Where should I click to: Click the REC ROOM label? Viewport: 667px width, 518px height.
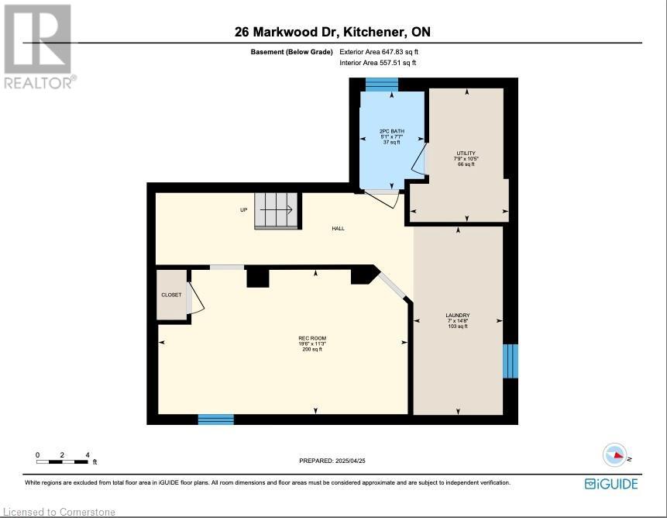pos(312,338)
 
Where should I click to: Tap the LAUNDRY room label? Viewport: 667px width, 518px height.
pos(458,316)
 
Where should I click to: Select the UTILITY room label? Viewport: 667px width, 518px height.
pos(466,154)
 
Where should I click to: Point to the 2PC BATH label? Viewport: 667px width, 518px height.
pos(392,131)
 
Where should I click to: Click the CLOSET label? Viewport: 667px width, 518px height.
pos(171,295)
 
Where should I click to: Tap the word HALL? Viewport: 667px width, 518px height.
pos(339,229)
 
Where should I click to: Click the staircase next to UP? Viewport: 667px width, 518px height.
pos(278,211)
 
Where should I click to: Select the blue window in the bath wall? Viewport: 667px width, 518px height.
pos(382,85)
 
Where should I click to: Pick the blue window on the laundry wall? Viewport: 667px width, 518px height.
pos(511,361)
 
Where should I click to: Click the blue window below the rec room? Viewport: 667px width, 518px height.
pos(215,420)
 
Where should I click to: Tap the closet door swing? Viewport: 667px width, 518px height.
pos(196,298)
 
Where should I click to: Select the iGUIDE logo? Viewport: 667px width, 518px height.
pos(611,484)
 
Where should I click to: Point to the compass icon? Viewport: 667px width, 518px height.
pos(616,455)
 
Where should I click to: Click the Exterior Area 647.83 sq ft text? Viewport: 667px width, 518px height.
pos(379,52)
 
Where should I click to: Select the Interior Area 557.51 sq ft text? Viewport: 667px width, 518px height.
pos(378,63)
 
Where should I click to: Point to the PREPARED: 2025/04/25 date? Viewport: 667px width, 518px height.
pos(332,461)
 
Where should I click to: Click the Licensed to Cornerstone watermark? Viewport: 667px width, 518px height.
pos(59,512)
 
